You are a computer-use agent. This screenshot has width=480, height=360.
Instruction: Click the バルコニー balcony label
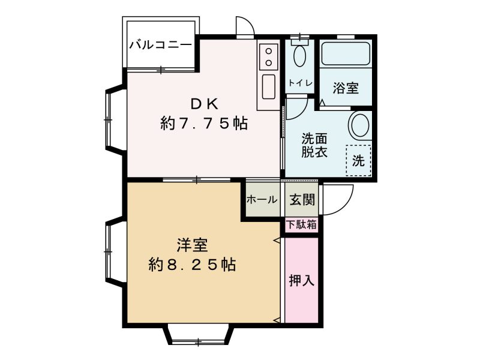160,46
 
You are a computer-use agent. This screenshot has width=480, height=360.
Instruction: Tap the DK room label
205,104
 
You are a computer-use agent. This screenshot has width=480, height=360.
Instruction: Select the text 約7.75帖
204,124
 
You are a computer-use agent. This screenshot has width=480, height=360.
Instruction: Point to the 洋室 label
193,245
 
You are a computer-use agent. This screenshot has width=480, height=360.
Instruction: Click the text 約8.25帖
192,265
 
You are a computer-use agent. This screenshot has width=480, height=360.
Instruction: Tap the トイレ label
300,83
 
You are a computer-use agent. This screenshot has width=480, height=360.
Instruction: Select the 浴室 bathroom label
346,88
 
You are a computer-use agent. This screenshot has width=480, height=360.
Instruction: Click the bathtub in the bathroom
346,53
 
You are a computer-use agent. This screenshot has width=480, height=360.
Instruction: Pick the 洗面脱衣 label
314,145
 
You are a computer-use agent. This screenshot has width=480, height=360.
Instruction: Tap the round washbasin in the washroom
359,125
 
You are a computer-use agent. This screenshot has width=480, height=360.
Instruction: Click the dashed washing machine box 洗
358,160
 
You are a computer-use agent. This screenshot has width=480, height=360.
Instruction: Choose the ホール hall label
262,200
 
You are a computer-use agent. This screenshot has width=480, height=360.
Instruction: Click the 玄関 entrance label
302,200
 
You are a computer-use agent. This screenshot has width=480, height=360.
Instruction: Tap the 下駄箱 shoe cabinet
302,225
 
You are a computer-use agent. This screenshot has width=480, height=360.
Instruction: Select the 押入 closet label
302,280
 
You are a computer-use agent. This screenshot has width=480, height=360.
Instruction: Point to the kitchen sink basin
268,87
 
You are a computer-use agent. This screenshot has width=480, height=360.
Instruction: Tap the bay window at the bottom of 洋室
199,336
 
